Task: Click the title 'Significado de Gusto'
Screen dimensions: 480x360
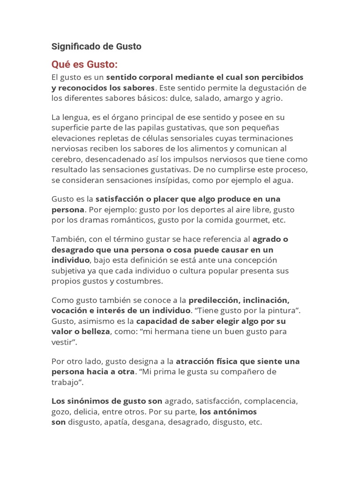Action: (x=96, y=46)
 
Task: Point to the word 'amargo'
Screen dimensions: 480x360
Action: (x=239, y=98)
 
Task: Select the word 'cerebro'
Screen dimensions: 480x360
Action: (x=66, y=159)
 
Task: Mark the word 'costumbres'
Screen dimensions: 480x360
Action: (x=139, y=281)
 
